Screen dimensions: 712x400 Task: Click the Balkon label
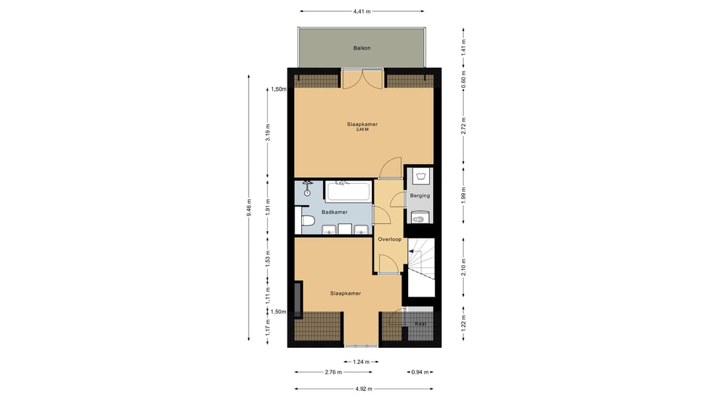pos(362,48)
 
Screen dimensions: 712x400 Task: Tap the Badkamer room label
pos(335,212)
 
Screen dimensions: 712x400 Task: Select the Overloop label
pos(390,239)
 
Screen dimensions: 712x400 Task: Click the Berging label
pos(419,196)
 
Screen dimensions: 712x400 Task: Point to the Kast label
pos(421,324)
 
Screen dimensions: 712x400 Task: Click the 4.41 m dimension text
pos(362,11)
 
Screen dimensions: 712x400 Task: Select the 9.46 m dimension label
pos(249,208)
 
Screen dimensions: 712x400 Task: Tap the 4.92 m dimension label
pos(363,389)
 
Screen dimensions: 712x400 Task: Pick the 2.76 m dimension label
pos(334,372)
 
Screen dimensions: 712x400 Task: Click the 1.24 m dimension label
pos(361,362)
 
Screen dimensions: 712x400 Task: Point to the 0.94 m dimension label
pos(420,372)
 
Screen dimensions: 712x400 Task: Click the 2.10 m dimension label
pos(463,267)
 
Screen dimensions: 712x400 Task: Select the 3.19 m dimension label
pos(268,132)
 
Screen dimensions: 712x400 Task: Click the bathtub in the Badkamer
pos(348,191)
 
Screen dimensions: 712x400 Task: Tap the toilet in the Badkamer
pos(308,221)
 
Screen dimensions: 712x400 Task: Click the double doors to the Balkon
pos(363,78)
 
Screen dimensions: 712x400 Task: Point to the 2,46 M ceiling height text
pos(362,129)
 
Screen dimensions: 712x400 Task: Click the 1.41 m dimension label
pos(463,47)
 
